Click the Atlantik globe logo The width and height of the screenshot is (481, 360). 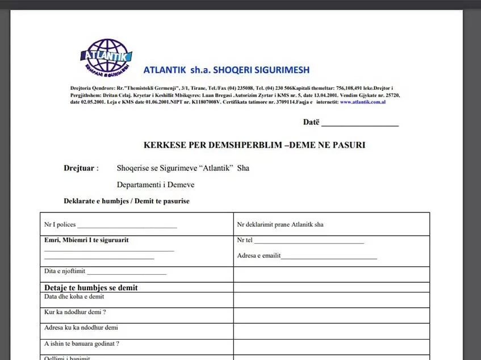click(106, 57)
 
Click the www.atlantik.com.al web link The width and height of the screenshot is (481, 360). click(363, 102)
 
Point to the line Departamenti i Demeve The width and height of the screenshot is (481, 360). click(156, 185)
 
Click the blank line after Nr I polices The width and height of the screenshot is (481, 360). click(127, 226)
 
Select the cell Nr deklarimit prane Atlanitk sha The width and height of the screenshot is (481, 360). click(281, 225)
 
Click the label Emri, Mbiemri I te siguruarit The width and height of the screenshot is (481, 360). click(86, 240)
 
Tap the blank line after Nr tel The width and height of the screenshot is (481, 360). click(309, 242)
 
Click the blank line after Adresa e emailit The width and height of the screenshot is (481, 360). click(329, 257)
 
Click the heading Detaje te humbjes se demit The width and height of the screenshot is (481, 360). click(91, 288)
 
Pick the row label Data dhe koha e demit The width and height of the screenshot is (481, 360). click(74, 297)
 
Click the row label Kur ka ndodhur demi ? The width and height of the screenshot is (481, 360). click(76, 312)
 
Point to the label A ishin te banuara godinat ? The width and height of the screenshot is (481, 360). click(82, 344)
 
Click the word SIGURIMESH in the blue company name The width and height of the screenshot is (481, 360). click(279, 70)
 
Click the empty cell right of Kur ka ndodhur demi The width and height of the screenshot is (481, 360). click(331, 315)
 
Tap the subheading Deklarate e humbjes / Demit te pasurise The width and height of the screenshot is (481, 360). click(127, 201)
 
